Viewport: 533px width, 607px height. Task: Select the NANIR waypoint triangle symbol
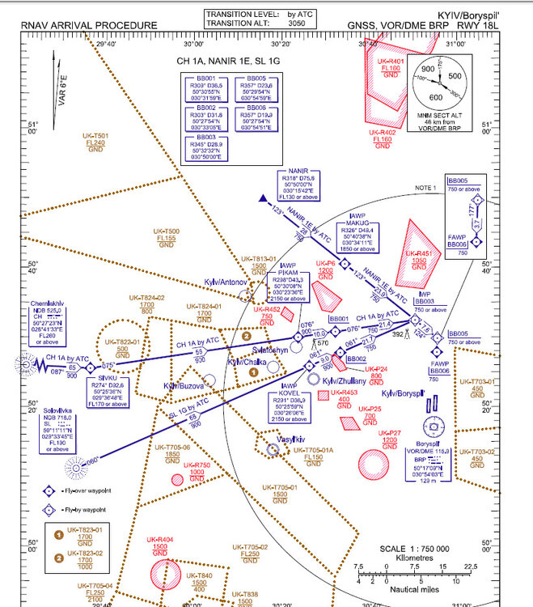[262, 197]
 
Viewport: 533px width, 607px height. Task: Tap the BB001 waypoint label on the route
[338, 319]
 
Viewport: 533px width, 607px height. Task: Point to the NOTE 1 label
[424, 187]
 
